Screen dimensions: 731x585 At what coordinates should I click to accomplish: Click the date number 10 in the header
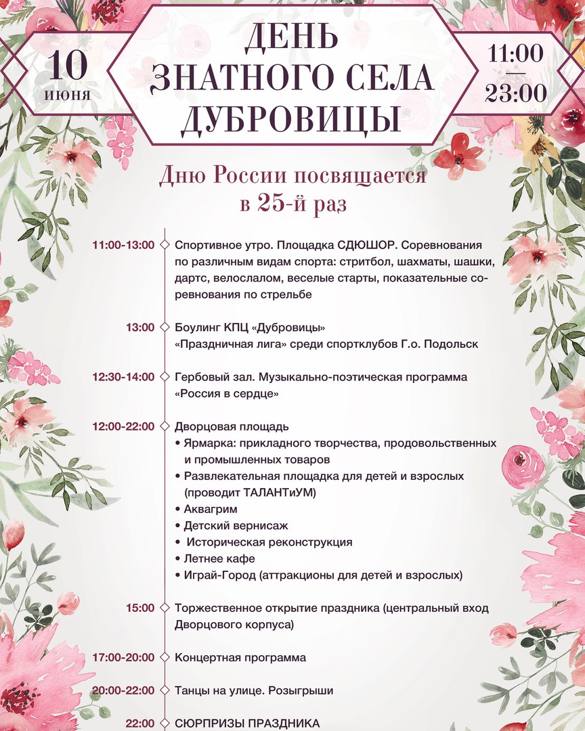(68, 66)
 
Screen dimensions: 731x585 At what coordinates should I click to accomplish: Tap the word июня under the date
(68, 95)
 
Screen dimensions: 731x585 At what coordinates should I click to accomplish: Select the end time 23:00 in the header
(516, 92)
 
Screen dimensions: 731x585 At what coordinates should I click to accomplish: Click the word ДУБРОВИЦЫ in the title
(290, 117)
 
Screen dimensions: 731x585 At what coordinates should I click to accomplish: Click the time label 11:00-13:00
(123, 245)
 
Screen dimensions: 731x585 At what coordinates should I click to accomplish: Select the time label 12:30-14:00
(123, 377)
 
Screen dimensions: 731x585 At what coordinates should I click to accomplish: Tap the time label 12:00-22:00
(123, 426)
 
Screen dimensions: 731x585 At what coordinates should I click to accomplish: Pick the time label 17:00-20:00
(123, 657)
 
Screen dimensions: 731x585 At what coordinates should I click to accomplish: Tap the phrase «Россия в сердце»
(227, 393)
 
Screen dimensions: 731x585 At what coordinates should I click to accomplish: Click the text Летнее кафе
(219, 559)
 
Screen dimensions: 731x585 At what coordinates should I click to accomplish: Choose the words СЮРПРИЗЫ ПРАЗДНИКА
(247, 723)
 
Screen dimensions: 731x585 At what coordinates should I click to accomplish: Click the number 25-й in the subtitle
(286, 204)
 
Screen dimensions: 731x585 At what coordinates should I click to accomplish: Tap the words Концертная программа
(240, 657)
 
